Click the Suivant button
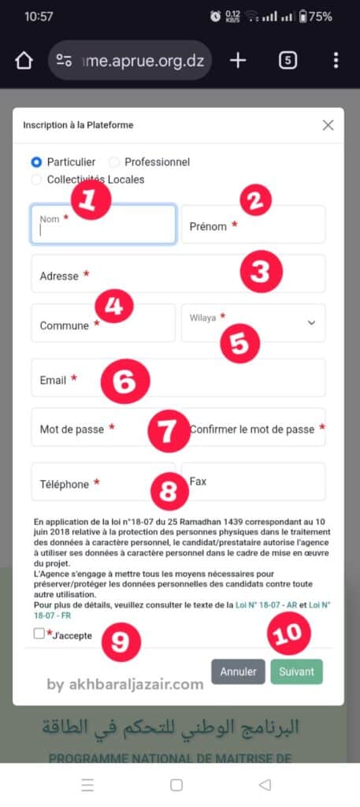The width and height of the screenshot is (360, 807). tap(297, 671)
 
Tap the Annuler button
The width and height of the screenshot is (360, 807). tap(238, 671)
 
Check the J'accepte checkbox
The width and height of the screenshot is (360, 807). tap(39, 634)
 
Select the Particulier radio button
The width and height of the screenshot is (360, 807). tap(36, 162)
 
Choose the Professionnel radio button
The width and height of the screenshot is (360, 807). tap(114, 162)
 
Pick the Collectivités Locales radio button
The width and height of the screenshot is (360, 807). tap(36, 180)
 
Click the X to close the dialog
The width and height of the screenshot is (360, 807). tap(328, 125)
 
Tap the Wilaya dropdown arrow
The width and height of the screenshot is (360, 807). tap(311, 322)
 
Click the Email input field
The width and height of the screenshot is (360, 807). tap(178, 377)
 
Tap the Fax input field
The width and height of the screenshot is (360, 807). tap(254, 482)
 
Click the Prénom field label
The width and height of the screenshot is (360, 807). tap(208, 226)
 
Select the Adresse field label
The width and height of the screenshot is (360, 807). tap(59, 277)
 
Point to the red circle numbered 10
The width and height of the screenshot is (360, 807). tap(288, 634)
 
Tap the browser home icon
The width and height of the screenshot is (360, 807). tap(24, 61)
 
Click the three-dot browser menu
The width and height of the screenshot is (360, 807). tap(336, 61)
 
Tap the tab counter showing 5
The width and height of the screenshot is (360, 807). tap(288, 61)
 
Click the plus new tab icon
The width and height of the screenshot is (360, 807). tap(238, 61)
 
